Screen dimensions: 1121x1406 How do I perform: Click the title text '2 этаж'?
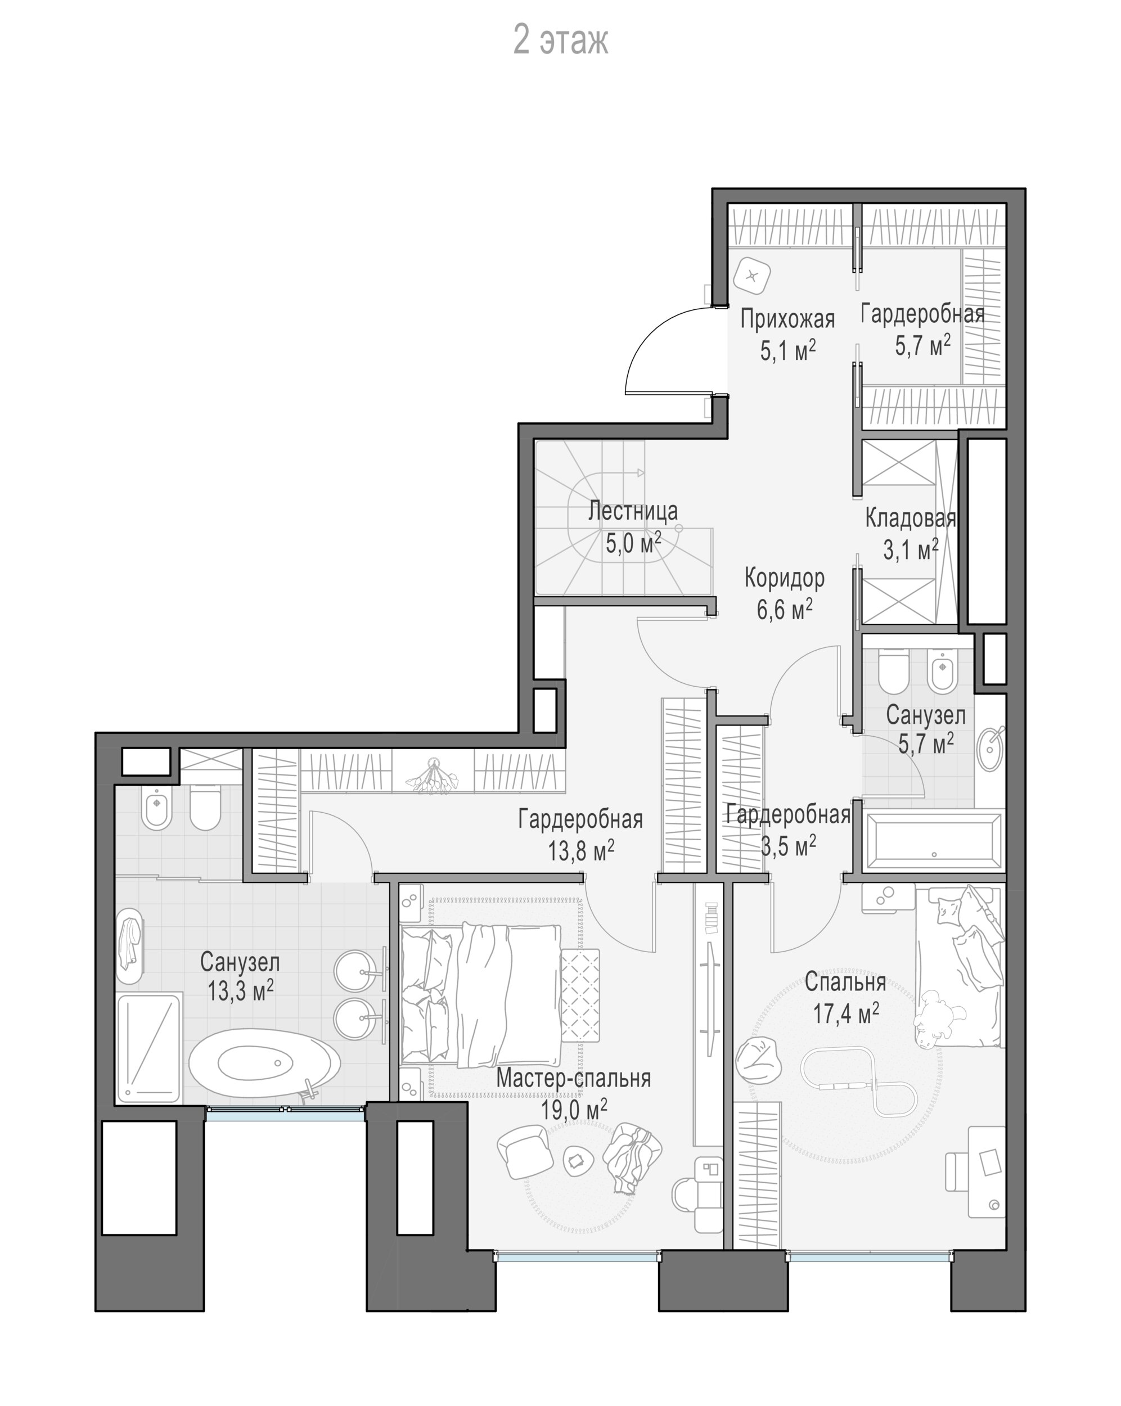[x=560, y=40]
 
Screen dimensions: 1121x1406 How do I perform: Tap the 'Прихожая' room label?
[x=787, y=319]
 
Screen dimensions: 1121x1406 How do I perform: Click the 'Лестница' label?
[x=633, y=511]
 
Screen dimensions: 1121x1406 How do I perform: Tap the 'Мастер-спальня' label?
[x=573, y=1078]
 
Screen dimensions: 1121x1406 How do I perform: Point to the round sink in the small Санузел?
[x=991, y=749]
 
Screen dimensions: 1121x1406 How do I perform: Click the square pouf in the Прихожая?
[x=752, y=276]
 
